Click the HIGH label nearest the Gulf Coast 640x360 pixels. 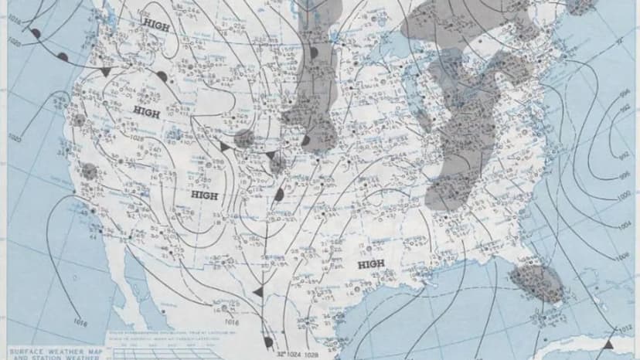coord(371,265)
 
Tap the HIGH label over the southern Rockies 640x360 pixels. coord(204,195)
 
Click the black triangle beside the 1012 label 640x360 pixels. coord(610,342)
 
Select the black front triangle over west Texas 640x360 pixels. coord(259,291)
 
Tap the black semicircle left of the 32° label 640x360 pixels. coord(267,341)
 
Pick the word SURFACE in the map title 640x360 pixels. coord(24,349)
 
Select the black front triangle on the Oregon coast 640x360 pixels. coord(104,71)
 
